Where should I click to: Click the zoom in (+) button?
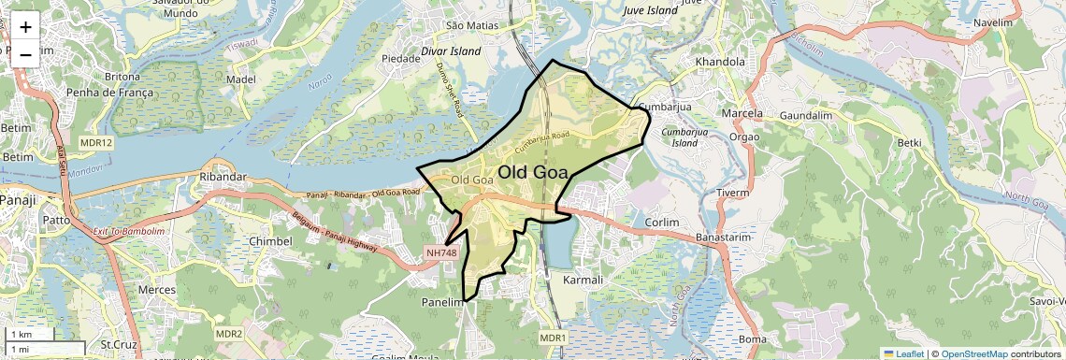(25, 28)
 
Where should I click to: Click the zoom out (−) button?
(25, 54)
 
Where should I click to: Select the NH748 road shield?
(440, 252)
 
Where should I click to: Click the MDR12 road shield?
(96, 143)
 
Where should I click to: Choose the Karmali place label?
(585, 280)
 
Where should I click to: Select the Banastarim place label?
(724, 238)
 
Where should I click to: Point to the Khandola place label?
(720, 63)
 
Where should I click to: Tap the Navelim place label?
(993, 22)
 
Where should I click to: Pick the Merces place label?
(156, 290)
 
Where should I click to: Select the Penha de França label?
(103, 93)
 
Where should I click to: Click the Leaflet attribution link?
(904, 353)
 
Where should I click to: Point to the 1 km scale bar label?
(21, 334)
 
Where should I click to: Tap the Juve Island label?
(649, 10)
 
